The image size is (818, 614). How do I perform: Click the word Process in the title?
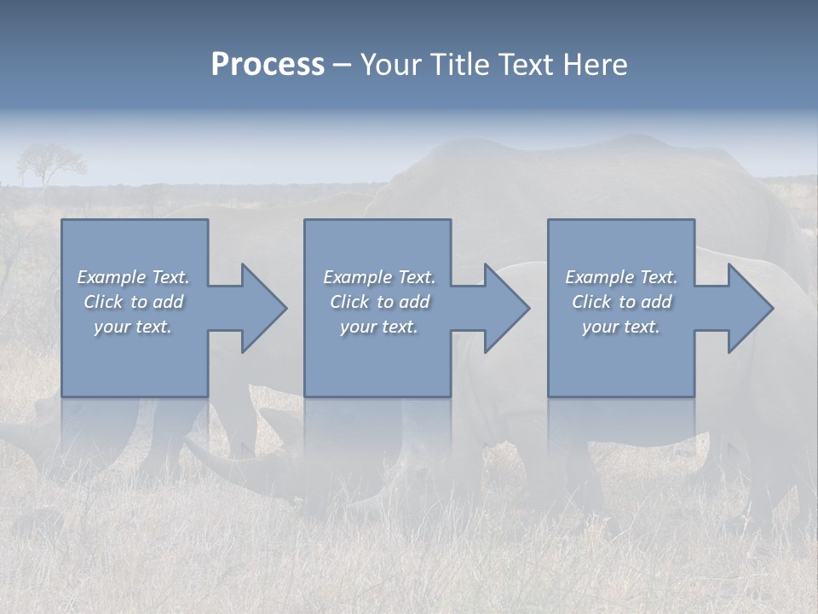pyautogui.click(x=268, y=65)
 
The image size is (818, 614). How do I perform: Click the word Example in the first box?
pyautogui.click(x=112, y=277)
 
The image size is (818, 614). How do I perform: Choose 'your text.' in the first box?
pyautogui.click(x=133, y=327)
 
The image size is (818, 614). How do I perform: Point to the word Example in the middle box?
pyautogui.click(x=358, y=277)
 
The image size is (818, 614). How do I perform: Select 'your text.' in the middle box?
pyautogui.click(x=379, y=327)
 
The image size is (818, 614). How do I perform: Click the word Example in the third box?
pyautogui.click(x=600, y=277)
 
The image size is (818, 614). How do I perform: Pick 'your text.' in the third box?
pyautogui.click(x=621, y=327)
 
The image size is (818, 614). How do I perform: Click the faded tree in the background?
pyautogui.click(x=50, y=162)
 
